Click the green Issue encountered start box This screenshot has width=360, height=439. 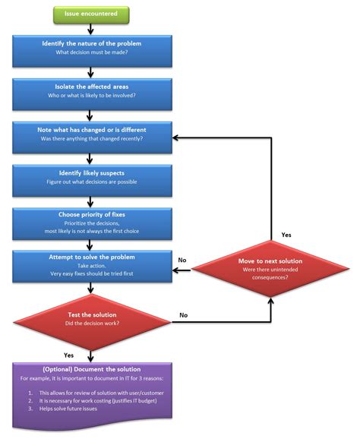click(x=90, y=14)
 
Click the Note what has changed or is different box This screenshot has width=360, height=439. click(x=91, y=134)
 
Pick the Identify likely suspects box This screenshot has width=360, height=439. click(x=91, y=178)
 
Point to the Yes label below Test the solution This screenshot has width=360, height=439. click(x=68, y=355)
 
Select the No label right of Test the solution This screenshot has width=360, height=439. click(x=184, y=314)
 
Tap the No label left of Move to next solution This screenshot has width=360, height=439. click(x=182, y=260)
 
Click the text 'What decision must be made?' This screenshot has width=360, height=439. click(x=91, y=53)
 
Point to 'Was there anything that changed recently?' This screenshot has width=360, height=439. click(x=91, y=139)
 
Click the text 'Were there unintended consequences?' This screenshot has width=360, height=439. click(x=271, y=271)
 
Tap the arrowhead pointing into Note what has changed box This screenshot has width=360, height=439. click(x=175, y=139)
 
